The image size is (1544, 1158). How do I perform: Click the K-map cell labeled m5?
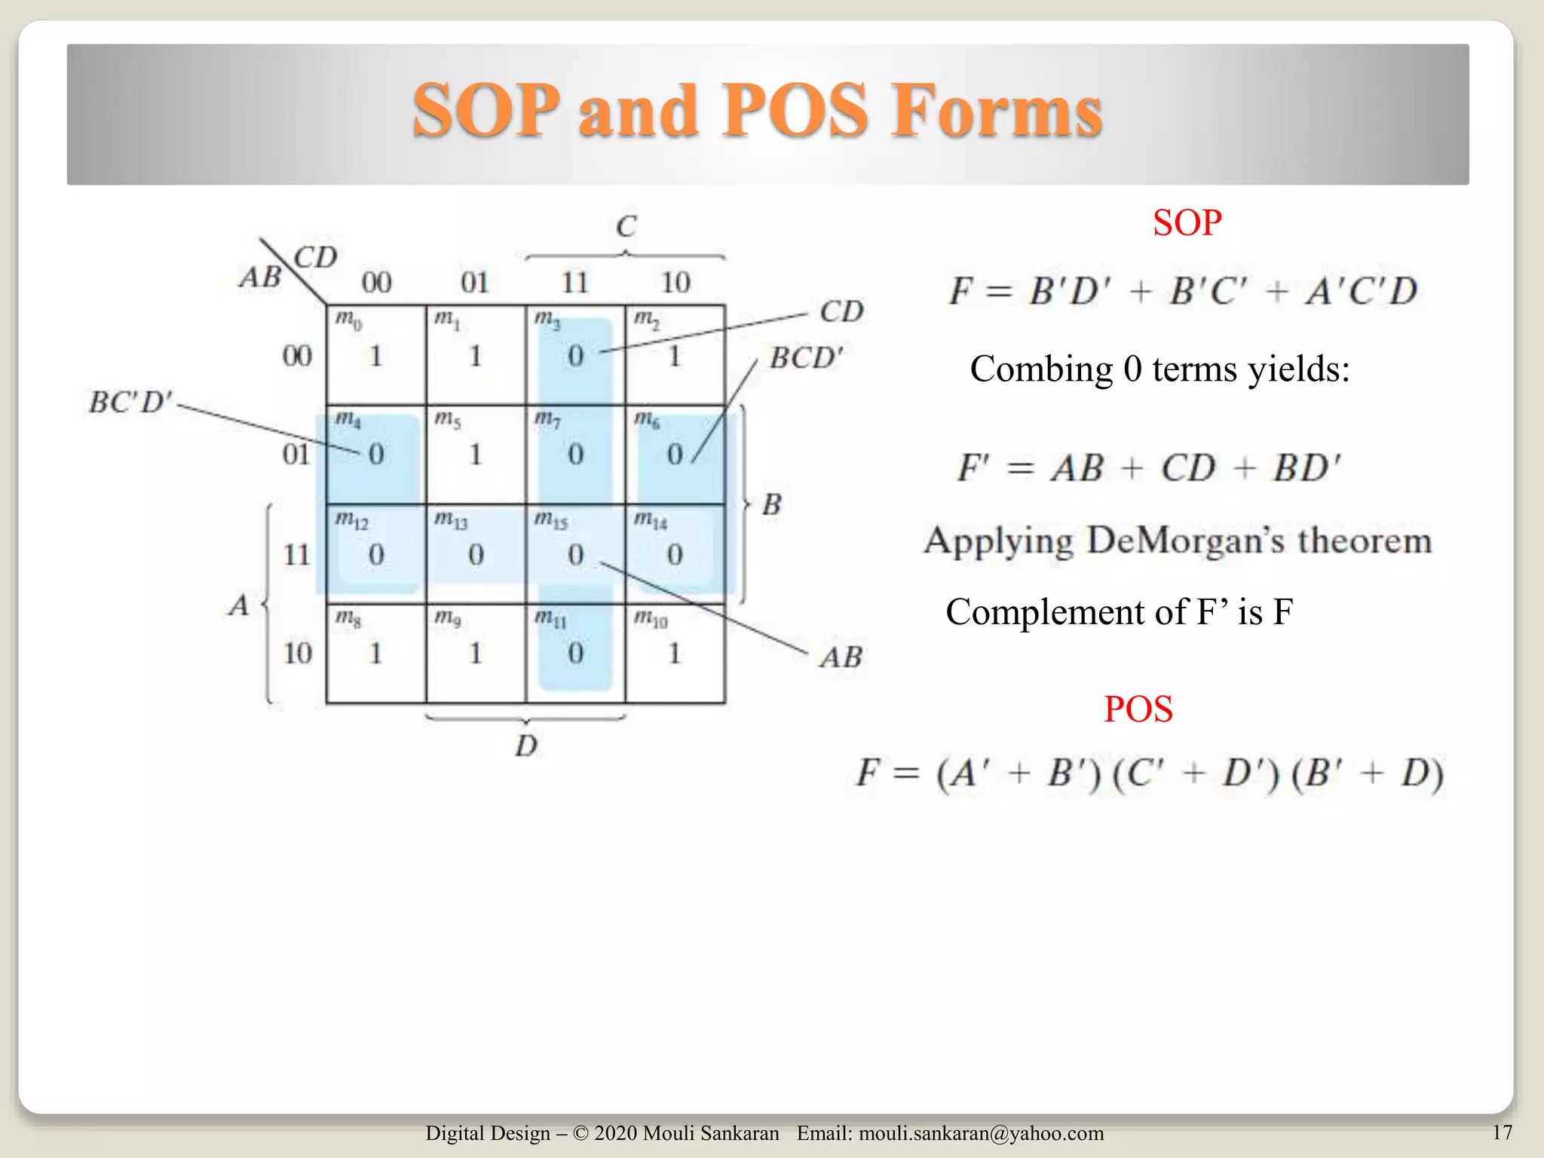(475, 454)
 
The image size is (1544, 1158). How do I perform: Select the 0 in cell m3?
(575, 356)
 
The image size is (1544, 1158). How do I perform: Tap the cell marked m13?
(475, 553)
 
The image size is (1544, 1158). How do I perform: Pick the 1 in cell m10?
(675, 653)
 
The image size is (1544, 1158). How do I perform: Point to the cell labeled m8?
(375, 653)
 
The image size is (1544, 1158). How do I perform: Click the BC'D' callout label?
(130, 403)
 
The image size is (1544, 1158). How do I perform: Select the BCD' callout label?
(806, 358)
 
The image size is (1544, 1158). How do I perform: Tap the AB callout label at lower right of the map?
(841, 657)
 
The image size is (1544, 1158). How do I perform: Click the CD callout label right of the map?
(841, 311)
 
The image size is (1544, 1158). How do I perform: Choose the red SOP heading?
(1187, 223)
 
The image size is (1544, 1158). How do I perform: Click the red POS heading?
(1138, 709)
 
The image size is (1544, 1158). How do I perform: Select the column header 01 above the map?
(475, 283)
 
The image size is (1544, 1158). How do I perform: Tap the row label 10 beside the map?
(298, 653)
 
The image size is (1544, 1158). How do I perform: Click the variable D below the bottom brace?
(526, 746)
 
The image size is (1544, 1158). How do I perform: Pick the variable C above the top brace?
(626, 226)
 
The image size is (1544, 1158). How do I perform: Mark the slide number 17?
(1502, 1132)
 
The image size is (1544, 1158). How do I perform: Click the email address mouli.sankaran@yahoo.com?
(981, 1133)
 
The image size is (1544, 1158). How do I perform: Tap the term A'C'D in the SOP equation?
(1362, 292)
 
